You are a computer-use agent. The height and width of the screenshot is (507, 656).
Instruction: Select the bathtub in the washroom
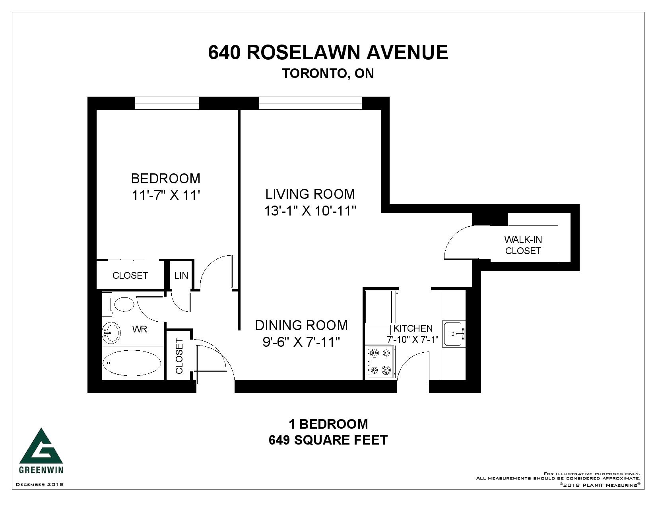(132, 363)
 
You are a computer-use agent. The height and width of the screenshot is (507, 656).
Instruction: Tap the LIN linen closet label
(181, 275)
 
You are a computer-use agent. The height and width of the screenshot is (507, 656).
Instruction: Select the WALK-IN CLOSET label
(523, 245)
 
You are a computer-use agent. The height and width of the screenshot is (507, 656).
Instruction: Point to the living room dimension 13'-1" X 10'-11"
(310, 211)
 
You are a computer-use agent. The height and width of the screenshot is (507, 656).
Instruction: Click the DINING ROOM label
(301, 325)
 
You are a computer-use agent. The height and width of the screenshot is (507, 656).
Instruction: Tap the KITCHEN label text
(413, 328)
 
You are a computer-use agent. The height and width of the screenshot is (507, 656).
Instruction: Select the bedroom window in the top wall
(167, 103)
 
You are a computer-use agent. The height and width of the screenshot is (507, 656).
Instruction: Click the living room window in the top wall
(310, 103)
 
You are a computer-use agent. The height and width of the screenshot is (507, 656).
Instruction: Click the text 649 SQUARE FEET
(328, 440)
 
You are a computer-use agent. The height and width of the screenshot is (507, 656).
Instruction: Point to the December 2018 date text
(40, 484)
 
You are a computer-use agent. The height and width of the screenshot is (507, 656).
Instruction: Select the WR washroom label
(140, 329)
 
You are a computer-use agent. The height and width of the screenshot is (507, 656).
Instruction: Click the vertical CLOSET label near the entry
(179, 356)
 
